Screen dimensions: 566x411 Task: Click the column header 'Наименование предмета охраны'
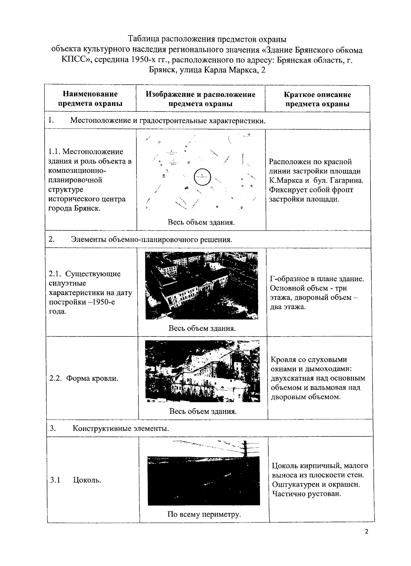90,98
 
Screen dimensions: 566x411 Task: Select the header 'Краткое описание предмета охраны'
317,99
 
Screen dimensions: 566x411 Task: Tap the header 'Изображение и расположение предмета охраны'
200,99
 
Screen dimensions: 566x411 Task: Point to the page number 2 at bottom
366,541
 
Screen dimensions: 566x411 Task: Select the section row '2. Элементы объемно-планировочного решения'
151,239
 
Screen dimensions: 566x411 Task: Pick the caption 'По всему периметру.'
204,514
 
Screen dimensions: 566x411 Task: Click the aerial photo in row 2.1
201,286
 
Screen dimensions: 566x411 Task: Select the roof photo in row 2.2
202,371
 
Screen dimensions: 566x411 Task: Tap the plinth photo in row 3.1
203,481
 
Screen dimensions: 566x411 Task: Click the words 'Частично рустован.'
307,494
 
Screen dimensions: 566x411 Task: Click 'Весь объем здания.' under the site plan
201,222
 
